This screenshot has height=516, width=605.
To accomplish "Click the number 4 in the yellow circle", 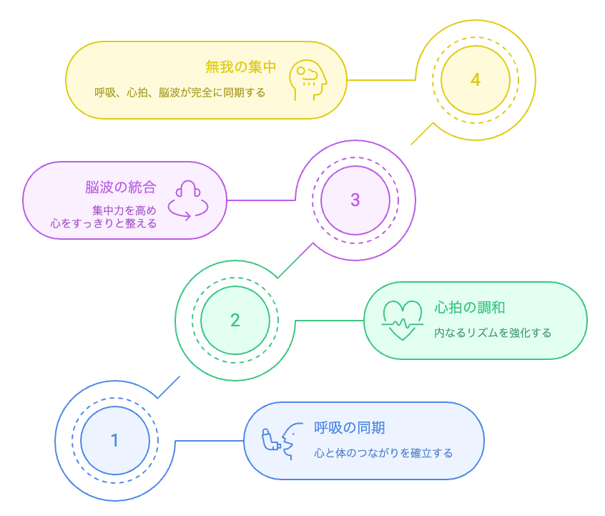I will pyautogui.click(x=476, y=79).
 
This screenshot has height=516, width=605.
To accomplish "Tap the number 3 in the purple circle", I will pyautogui.click(x=355, y=200).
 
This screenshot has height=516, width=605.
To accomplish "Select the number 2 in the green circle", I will pyautogui.click(x=235, y=320).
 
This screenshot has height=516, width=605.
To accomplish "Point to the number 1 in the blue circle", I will pyautogui.click(x=115, y=440).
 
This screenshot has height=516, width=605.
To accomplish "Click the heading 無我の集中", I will pyautogui.click(x=241, y=67).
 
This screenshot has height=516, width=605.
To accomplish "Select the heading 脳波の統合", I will pyautogui.click(x=121, y=188).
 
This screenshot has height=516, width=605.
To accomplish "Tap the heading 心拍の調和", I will pyautogui.click(x=470, y=308).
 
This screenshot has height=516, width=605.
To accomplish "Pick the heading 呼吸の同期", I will pyautogui.click(x=350, y=428).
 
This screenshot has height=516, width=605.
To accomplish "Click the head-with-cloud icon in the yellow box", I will pyautogui.click(x=308, y=80).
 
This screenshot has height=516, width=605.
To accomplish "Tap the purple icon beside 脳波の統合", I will pyautogui.click(x=188, y=200).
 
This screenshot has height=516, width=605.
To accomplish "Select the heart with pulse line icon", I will pyautogui.click(x=403, y=320).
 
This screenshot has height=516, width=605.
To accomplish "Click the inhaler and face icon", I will pyautogui.click(x=282, y=440).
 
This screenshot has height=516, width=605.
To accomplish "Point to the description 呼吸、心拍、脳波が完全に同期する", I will pyautogui.click(x=179, y=92).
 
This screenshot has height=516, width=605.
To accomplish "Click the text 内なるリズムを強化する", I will pyautogui.click(x=493, y=333).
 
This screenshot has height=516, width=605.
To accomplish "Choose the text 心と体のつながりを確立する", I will pyautogui.click(x=383, y=453).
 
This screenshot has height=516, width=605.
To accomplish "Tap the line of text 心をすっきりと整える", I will pyautogui.click(x=104, y=223).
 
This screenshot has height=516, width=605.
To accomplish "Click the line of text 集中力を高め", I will pyautogui.click(x=124, y=210).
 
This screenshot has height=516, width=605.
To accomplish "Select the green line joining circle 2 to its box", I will pyautogui.click(x=329, y=320).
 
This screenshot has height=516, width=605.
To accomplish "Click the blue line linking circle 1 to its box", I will pyautogui.click(x=209, y=440).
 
